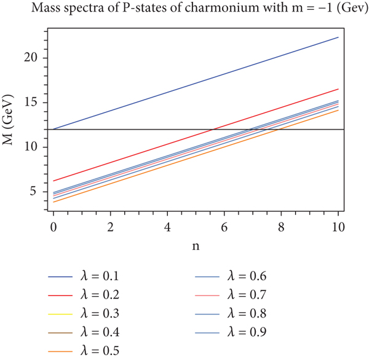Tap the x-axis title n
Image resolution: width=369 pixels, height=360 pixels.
pyautogui.click(x=196, y=245)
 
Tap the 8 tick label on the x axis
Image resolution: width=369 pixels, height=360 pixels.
pyautogui.click(x=281, y=227)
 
